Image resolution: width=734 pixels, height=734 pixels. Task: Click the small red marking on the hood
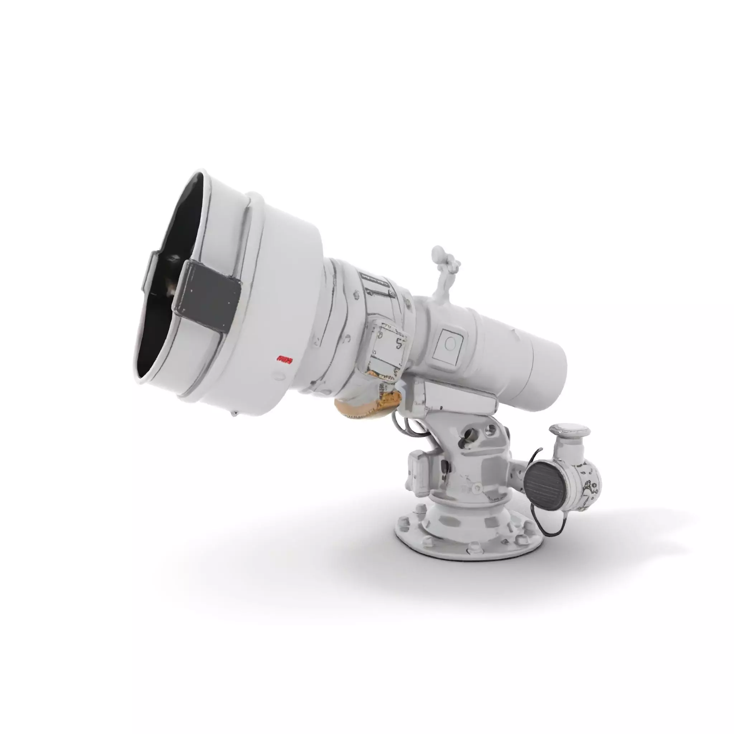pyautogui.click(x=285, y=359)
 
